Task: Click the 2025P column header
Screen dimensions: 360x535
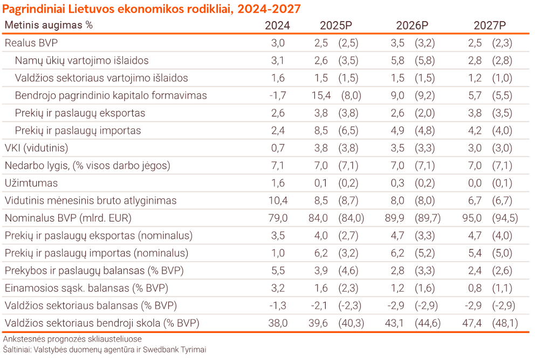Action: point(336,25)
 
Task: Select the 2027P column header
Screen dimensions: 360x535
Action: point(490,25)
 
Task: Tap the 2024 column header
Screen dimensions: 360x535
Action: point(277,25)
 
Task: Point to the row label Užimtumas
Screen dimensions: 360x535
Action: point(31,183)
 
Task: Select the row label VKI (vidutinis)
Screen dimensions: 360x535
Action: point(37,148)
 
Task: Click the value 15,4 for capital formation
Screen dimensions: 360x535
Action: point(321,96)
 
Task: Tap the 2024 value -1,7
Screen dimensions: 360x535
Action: point(278,96)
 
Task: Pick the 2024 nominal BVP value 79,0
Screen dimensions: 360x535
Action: point(278,218)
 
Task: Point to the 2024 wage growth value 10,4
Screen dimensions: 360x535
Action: point(278,200)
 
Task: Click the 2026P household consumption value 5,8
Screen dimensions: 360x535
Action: point(397,60)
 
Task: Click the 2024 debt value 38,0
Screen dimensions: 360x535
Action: point(278,323)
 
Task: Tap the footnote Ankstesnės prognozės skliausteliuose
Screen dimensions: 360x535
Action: point(72,339)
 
